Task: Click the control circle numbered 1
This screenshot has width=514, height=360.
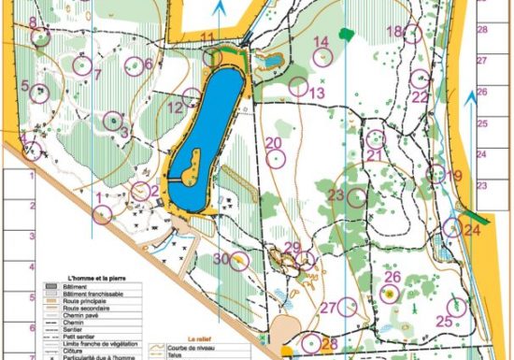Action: tap(103, 213)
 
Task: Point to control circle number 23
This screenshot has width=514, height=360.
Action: tap(356, 196)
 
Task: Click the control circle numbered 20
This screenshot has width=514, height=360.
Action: tap(277, 158)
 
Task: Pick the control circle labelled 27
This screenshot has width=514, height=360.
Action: tap(348, 306)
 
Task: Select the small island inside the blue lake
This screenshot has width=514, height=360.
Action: tap(191, 165)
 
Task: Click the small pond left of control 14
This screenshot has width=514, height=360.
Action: tap(272, 62)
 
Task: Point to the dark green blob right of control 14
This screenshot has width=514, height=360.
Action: tap(347, 34)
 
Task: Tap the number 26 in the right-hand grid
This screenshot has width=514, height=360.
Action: tap(482, 93)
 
